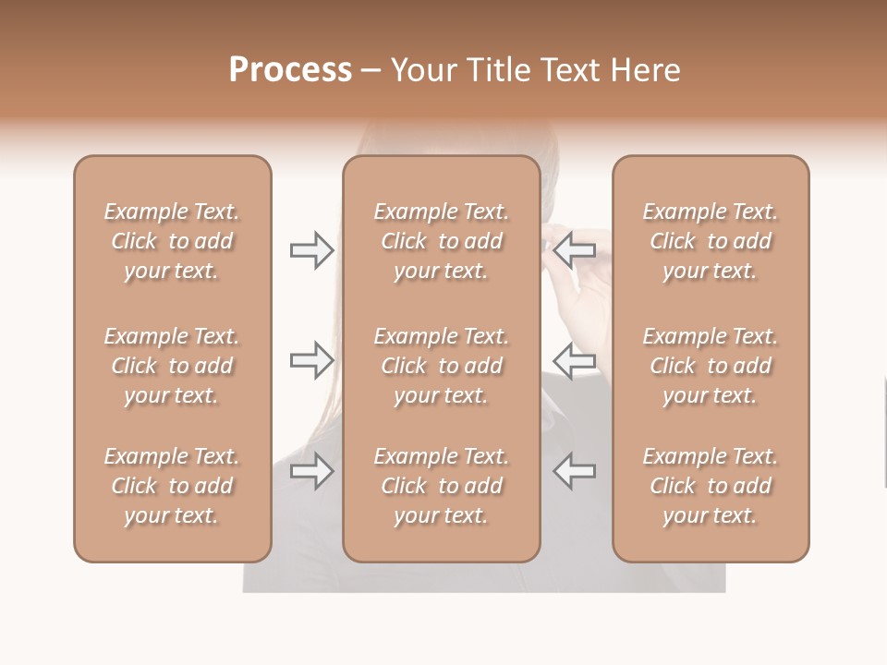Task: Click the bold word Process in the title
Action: point(290,70)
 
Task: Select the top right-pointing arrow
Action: point(311,250)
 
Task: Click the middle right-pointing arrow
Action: point(311,360)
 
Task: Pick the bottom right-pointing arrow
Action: point(311,471)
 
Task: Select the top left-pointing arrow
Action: point(575,250)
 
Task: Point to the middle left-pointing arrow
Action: point(575,360)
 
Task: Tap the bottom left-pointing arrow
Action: point(575,471)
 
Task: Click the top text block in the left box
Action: point(172,241)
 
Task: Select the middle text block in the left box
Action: point(172,366)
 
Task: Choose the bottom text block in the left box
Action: point(172,486)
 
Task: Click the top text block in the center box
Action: point(442,241)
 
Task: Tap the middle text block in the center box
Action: point(442,366)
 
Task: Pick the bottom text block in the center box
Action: point(442,486)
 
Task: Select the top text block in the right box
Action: point(711,241)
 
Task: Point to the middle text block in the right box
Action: point(711,366)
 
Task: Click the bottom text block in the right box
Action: point(711,486)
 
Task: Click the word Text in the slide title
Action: point(571,70)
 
